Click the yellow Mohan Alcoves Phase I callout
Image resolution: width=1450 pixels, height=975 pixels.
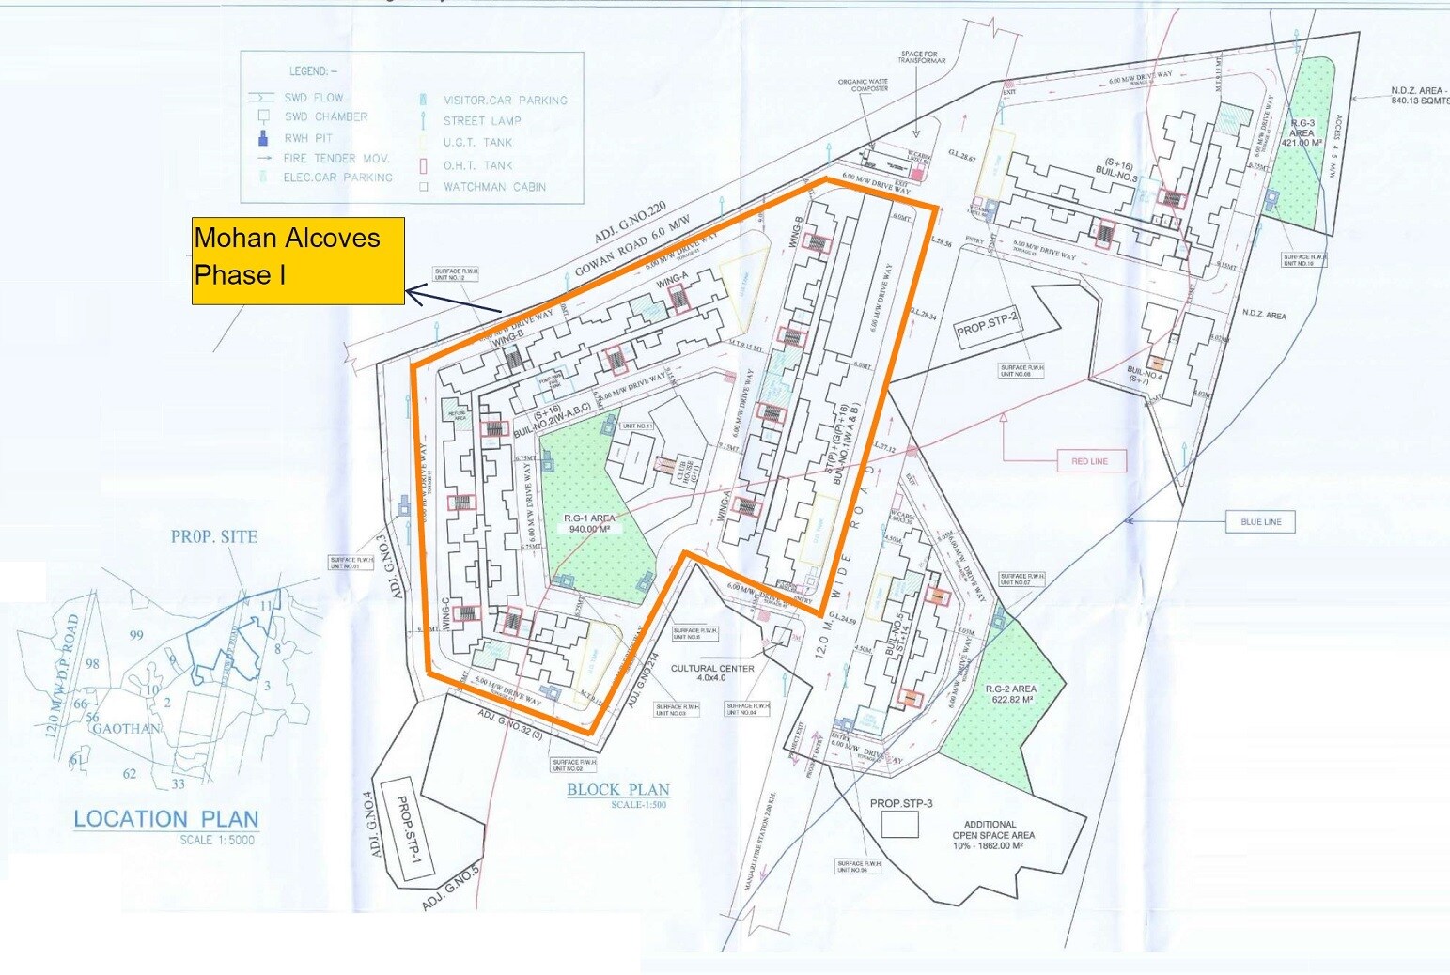(298, 260)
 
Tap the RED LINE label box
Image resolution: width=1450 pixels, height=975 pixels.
(1089, 461)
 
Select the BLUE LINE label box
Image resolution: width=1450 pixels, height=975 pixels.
(1260, 522)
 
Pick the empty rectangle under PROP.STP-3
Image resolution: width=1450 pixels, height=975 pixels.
(899, 825)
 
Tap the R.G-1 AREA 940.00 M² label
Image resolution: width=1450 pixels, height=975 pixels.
(589, 523)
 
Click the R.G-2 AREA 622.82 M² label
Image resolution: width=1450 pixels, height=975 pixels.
(1010, 694)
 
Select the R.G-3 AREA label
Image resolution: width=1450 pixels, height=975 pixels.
(1302, 132)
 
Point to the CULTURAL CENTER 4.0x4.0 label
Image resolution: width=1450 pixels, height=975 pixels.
(711, 673)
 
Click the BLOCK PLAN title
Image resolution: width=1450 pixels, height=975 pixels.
(617, 790)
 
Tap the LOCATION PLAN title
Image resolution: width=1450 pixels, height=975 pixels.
(166, 819)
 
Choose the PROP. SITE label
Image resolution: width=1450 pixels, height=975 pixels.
(214, 537)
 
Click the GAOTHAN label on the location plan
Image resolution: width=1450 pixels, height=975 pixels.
(126, 728)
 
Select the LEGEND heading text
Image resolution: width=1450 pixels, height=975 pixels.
(312, 71)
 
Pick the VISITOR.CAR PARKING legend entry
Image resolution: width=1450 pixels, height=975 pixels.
(505, 100)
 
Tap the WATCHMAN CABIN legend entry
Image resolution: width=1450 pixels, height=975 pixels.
(494, 187)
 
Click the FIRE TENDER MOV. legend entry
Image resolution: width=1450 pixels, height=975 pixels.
(336, 158)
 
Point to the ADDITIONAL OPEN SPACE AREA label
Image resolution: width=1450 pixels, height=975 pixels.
(993, 834)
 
